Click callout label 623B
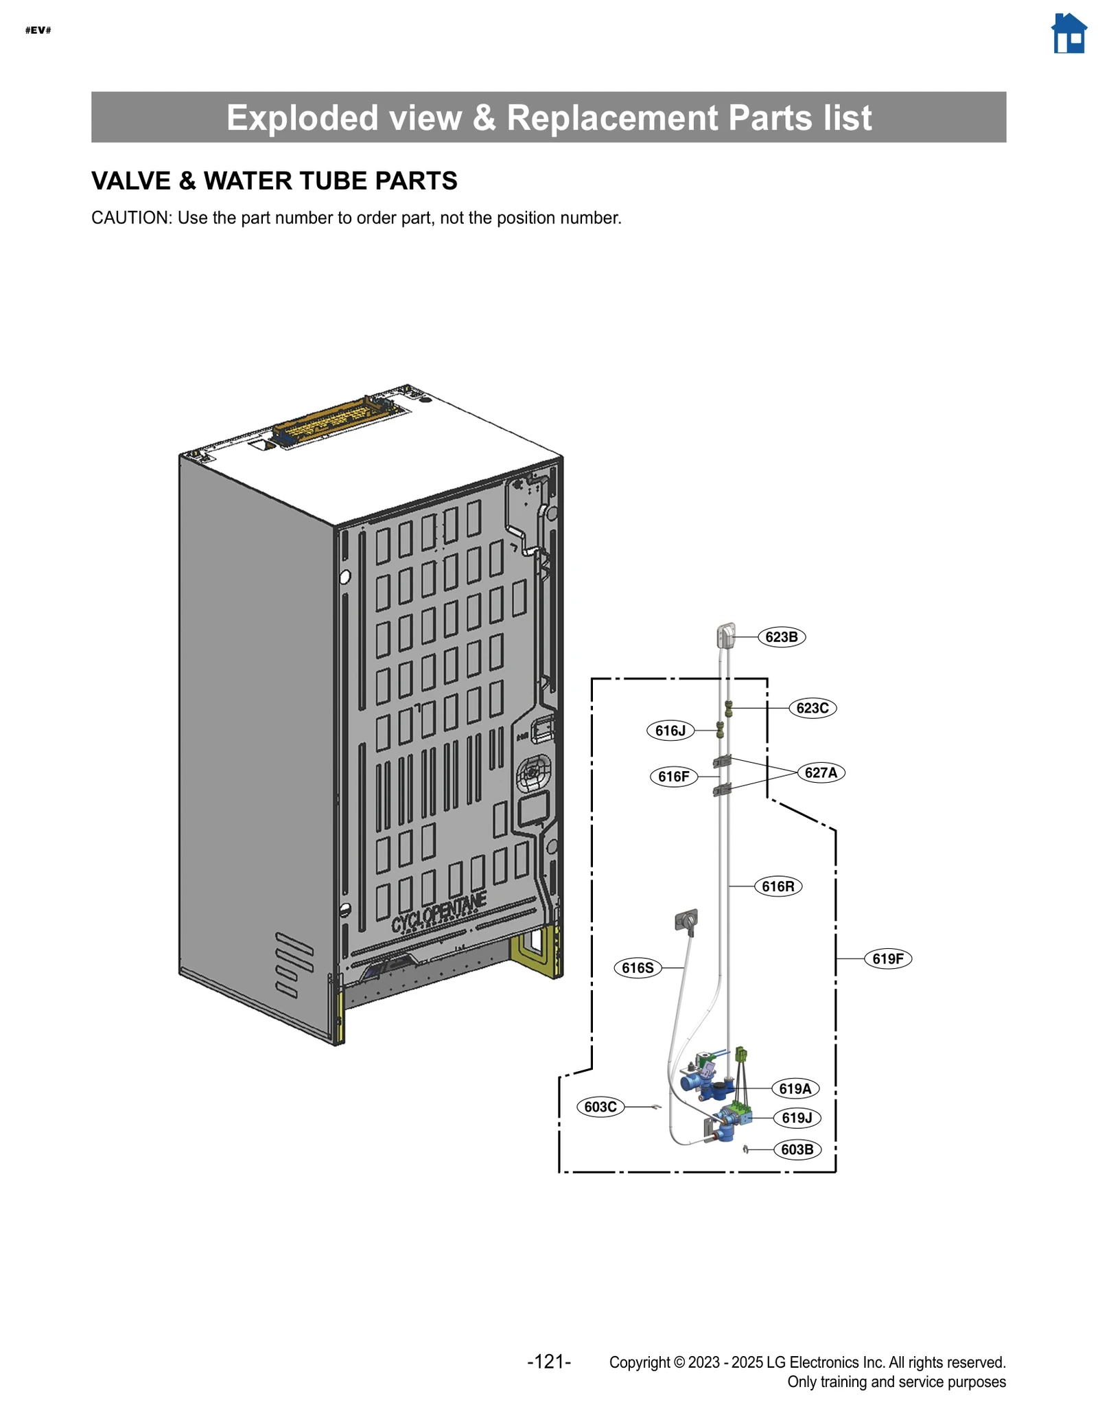[781, 637]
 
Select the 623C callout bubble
[812, 707]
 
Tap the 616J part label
[670, 730]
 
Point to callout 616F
[673, 776]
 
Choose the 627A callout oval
[820, 772]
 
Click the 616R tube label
[778, 886]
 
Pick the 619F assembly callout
[887, 958]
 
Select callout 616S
[637, 967]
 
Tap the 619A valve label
[795, 1088]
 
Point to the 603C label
[600, 1106]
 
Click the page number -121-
[548, 1361]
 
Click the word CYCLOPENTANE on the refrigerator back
[439, 913]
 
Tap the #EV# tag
[38, 30]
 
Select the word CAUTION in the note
[130, 218]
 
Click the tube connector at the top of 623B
[726, 635]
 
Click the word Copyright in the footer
[639, 1362]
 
